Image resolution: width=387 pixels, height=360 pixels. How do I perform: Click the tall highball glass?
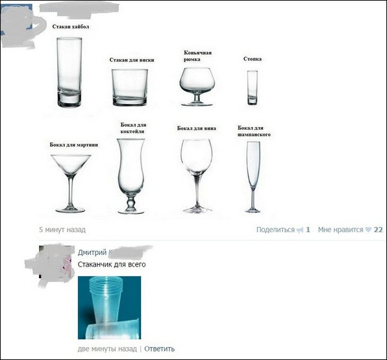click(x=69, y=72)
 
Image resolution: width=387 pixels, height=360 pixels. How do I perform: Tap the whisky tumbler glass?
click(x=130, y=88)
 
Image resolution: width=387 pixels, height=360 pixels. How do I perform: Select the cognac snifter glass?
click(x=197, y=86)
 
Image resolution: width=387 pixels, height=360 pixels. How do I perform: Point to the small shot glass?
click(x=253, y=88)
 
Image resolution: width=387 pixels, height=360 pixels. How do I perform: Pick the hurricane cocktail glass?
click(x=131, y=176)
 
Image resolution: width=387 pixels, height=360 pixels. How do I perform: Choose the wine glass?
click(x=197, y=176)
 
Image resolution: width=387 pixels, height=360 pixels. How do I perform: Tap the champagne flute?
click(x=253, y=177)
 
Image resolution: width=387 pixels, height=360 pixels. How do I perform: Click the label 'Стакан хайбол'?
click(x=71, y=27)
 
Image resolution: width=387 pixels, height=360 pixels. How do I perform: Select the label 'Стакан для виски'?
click(x=132, y=60)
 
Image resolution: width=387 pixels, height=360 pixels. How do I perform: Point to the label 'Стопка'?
click(x=252, y=59)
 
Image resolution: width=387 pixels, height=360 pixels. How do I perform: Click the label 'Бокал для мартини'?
click(x=74, y=145)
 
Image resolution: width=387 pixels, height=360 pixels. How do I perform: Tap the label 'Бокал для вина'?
click(x=197, y=128)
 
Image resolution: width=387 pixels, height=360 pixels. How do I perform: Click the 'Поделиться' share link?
click(x=275, y=230)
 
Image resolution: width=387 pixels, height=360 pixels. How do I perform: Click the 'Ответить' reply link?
click(x=159, y=349)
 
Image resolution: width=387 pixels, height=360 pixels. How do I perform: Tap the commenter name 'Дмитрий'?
click(x=92, y=252)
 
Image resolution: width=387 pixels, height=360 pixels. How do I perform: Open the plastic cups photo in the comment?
click(x=109, y=307)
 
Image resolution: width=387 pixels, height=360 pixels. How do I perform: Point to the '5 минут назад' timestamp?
click(x=62, y=230)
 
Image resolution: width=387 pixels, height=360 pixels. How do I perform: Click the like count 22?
click(x=378, y=230)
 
